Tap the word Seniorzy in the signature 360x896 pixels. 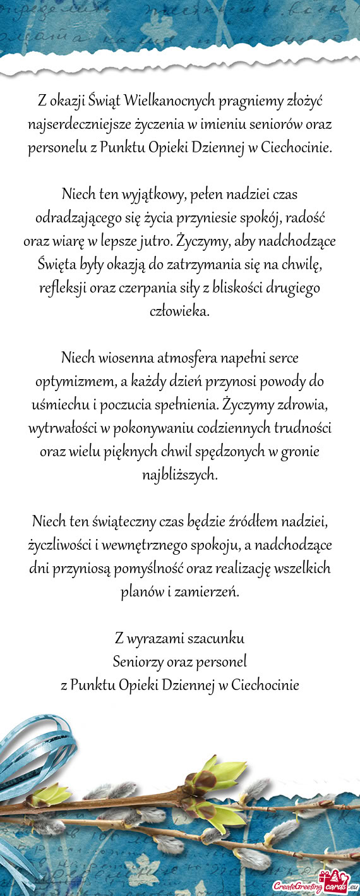coord(138,662)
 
